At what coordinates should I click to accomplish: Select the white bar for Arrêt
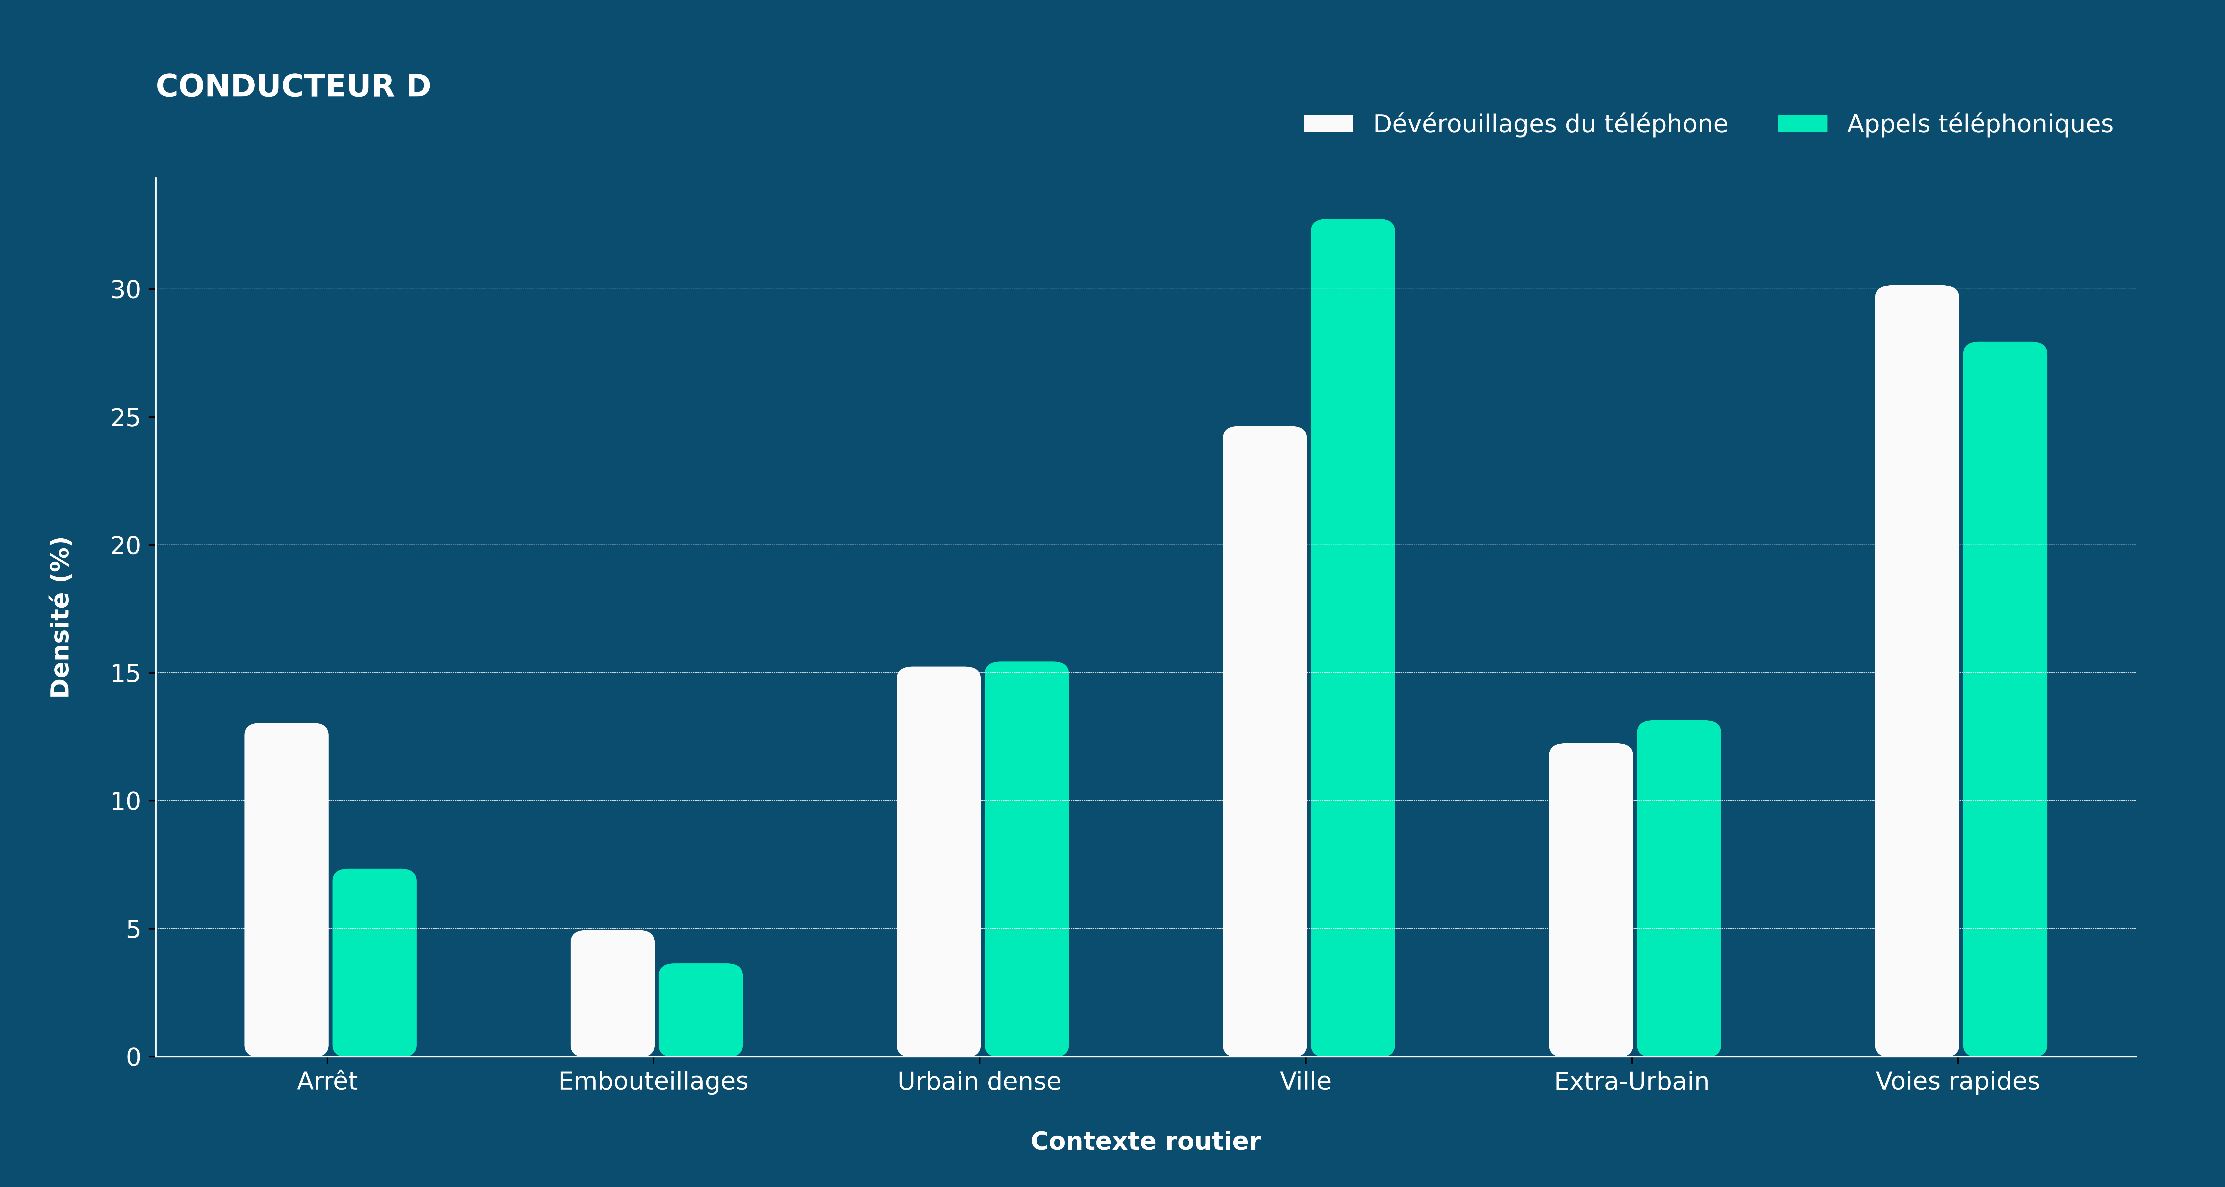286,889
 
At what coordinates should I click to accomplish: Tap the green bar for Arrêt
374,962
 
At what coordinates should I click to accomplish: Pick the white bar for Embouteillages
612,993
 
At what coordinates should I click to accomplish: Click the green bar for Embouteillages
700,1009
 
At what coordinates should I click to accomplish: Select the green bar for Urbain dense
1026,859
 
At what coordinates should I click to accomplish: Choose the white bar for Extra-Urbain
1591,899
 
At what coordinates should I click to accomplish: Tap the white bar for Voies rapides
1917,670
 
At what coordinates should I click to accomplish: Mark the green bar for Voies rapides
2005,699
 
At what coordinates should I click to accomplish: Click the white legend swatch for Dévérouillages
1328,124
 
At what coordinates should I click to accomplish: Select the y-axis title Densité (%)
60,617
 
